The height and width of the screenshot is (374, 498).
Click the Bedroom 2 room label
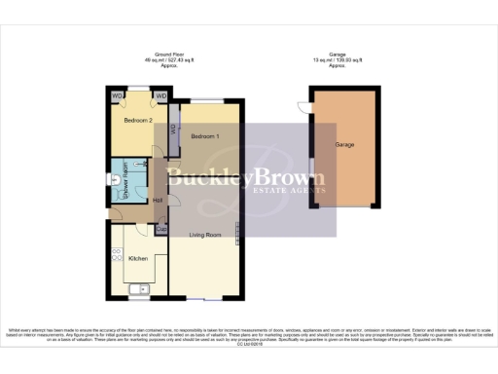click(x=137, y=121)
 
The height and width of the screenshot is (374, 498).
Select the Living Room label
click(x=205, y=235)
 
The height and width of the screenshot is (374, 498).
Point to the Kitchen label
click(x=138, y=258)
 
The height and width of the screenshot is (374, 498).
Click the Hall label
click(x=159, y=201)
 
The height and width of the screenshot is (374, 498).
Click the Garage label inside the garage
click(x=344, y=144)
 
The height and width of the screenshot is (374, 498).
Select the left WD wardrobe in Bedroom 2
click(x=116, y=96)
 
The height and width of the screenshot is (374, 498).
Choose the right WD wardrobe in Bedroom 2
click(x=160, y=96)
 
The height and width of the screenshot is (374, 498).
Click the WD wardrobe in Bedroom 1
click(x=173, y=130)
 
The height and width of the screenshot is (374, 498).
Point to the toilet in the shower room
click(x=114, y=178)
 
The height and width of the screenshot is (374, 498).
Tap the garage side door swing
click(x=302, y=110)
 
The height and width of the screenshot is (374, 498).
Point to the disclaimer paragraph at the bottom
click(x=249, y=336)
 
